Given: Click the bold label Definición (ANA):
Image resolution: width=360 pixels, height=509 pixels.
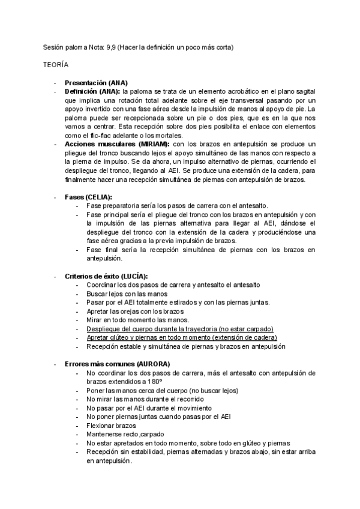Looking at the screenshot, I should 92,91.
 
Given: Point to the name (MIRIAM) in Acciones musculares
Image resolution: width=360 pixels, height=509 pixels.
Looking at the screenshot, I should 154,145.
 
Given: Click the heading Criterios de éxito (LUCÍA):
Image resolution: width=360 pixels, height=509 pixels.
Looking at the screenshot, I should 106,276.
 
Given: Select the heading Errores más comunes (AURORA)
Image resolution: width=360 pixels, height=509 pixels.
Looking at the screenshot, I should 117,364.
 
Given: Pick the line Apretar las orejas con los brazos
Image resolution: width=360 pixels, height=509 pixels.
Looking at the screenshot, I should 134,311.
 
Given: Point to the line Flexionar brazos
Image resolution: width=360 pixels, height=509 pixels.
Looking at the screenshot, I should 111,426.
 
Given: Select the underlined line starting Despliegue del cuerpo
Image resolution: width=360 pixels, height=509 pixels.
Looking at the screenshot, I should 179,329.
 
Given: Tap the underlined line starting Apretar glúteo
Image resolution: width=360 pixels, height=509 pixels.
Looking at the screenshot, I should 181,337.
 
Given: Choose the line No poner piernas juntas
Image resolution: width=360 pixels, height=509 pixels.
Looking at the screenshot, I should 158,417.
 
